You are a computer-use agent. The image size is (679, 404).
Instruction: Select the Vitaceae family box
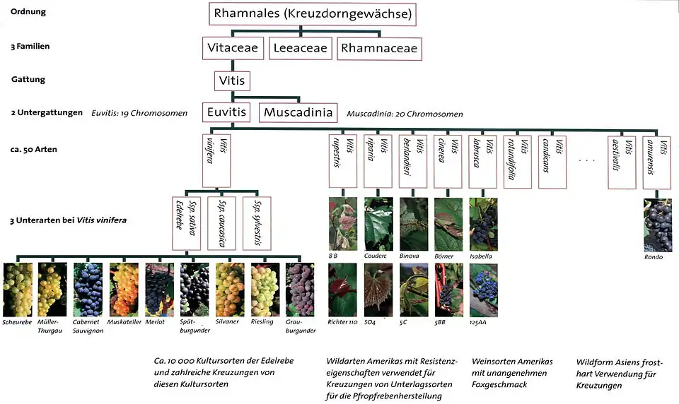233,48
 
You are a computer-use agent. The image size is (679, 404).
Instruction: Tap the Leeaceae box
301,48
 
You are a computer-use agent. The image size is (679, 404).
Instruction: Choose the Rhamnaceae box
378,48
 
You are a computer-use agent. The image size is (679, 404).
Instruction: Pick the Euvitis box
226,112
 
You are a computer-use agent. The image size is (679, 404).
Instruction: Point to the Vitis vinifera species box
216,160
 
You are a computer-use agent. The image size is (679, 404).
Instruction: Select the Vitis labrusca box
483,160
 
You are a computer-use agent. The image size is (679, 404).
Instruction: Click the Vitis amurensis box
658,160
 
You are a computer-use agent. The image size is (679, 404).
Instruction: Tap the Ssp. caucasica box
226,222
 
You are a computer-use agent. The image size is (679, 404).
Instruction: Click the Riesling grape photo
265,289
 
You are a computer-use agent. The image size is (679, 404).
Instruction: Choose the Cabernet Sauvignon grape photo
88,289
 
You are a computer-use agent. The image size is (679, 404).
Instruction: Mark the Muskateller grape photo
124,289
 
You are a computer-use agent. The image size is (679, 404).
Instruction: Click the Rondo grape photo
658,225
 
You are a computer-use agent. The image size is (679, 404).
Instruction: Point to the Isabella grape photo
483,224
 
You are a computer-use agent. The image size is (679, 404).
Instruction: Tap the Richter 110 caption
344,322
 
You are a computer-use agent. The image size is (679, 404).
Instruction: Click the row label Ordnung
28,12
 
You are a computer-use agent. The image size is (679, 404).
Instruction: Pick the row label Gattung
28,79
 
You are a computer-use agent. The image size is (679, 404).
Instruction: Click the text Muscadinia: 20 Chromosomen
405,114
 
